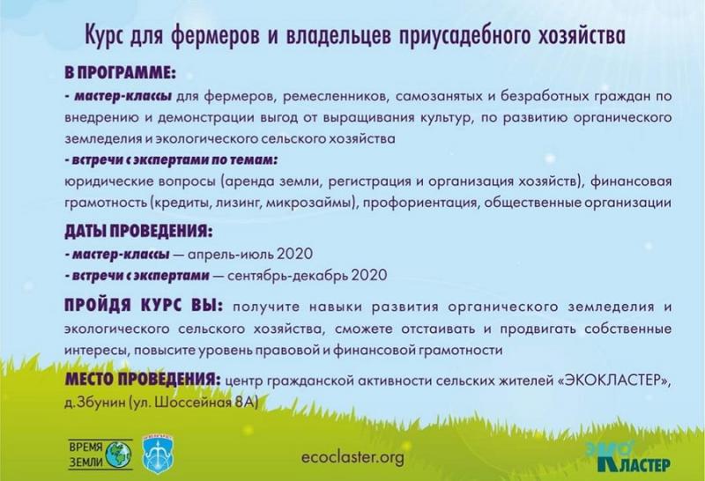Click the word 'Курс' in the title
click(105, 36)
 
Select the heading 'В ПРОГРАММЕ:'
click(120, 73)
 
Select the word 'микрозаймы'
click(310, 203)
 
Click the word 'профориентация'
click(420, 203)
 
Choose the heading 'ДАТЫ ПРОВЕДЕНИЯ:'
click(138, 231)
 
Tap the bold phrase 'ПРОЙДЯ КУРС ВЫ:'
click(144, 305)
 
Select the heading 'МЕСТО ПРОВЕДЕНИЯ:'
click(143, 380)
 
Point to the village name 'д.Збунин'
click(95, 403)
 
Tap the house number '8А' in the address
click(245, 403)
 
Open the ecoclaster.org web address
click(353, 458)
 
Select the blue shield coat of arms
click(159, 457)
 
